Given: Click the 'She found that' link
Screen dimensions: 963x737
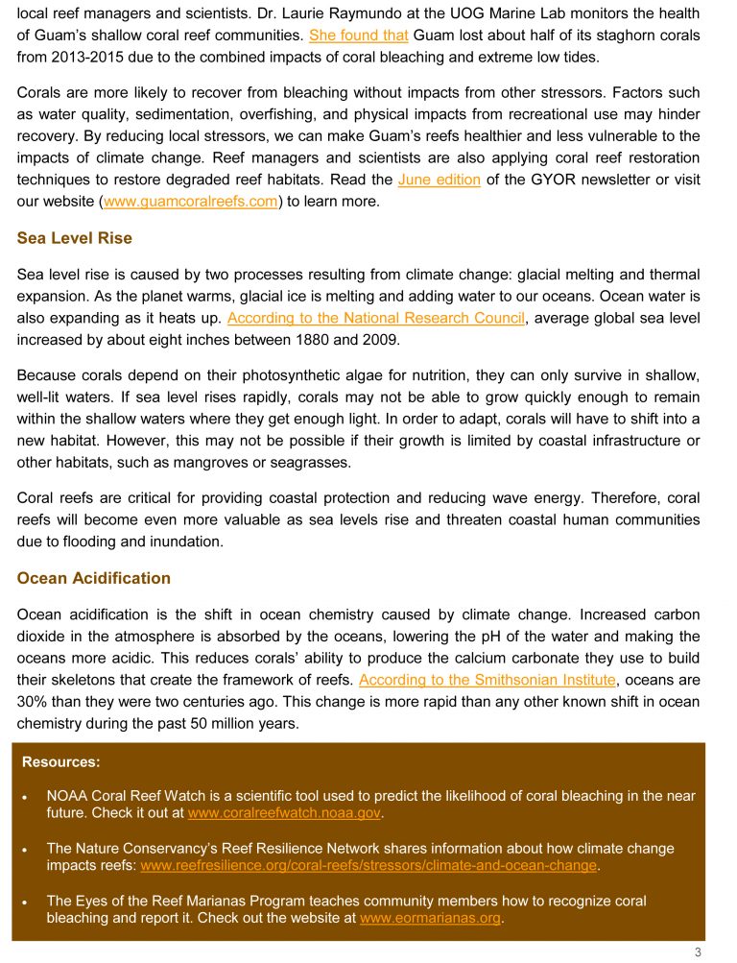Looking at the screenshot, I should coord(358,36).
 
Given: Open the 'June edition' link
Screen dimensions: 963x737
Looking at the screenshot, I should coord(439,180).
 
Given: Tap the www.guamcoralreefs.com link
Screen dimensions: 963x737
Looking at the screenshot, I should coord(190,202).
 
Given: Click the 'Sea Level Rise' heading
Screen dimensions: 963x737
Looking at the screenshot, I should coord(75,238).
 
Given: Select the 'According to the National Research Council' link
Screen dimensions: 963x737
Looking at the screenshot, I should coord(376,318).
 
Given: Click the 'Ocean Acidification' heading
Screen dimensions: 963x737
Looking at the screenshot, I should coord(94,578).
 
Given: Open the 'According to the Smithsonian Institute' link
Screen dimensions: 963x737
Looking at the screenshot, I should coord(487,680).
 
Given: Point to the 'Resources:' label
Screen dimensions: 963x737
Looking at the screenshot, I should coord(61,762).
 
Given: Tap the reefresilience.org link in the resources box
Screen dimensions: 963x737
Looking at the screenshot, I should coord(369,866).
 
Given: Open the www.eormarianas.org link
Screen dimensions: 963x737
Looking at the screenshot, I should coord(431,918).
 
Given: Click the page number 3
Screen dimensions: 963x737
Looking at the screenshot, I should coord(698,951).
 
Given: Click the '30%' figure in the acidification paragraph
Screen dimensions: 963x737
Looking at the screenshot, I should coord(33,702).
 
